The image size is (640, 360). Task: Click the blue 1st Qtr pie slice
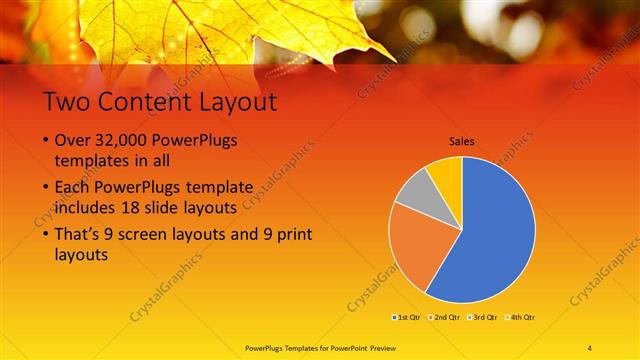[495, 235]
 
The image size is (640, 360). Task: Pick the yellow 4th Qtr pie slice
[446, 175]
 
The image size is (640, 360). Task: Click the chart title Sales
[461, 141]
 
